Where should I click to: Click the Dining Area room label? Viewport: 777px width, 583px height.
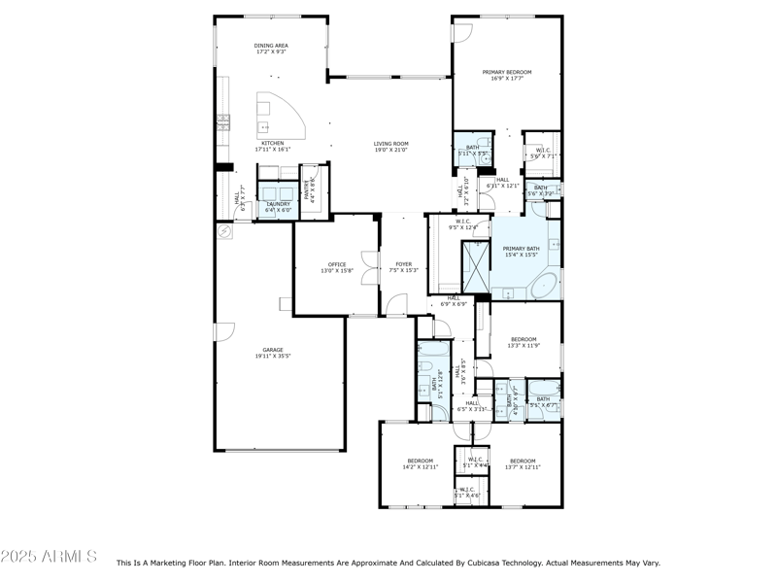click(x=272, y=48)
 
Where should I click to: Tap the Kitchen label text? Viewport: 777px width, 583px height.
click(x=272, y=146)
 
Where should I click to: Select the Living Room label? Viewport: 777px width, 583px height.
click(x=390, y=146)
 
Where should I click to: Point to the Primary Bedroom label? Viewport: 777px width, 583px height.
click(x=507, y=74)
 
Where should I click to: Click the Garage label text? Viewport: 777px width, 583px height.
click(x=273, y=353)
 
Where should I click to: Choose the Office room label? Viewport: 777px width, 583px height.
click(x=337, y=267)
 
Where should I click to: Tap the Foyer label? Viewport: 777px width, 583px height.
click(x=403, y=267)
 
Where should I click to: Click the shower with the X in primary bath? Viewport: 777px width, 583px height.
click(x=476, y=265)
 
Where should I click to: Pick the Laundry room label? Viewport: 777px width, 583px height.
click(x=278, y=206)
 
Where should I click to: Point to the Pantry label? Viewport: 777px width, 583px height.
click(x=311, y=190)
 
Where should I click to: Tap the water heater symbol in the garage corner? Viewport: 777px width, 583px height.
click(x=225, y=232)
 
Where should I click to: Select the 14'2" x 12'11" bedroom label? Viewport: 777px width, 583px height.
click(x=420, y=463)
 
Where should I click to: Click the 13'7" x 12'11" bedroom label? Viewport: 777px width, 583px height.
click(x=523, y=463)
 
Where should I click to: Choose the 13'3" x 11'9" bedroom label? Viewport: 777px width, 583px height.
click(x=523, y=342)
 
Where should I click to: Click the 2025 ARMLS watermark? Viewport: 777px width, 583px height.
click(x=49, y=557)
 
